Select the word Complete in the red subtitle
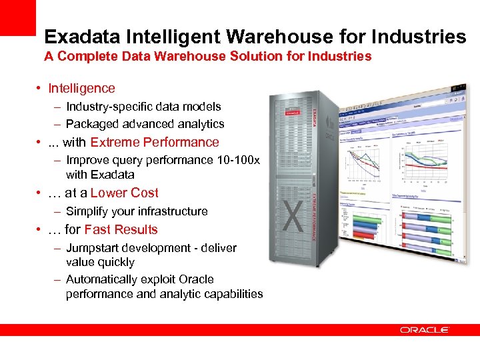pyautogui.click(x=89, y=57)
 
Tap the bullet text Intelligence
pyautogui.click(x=81, y=88)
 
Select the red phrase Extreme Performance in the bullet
pyautogui.click(x=155, y=142)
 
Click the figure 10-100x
pyautogui.click(x=238, y=161)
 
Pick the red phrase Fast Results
pyautogui.click(x=121, y=229)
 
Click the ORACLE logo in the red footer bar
pyautogui.click(x=425, y=330)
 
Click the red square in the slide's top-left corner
pyautogui.click(x=17, y=17)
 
